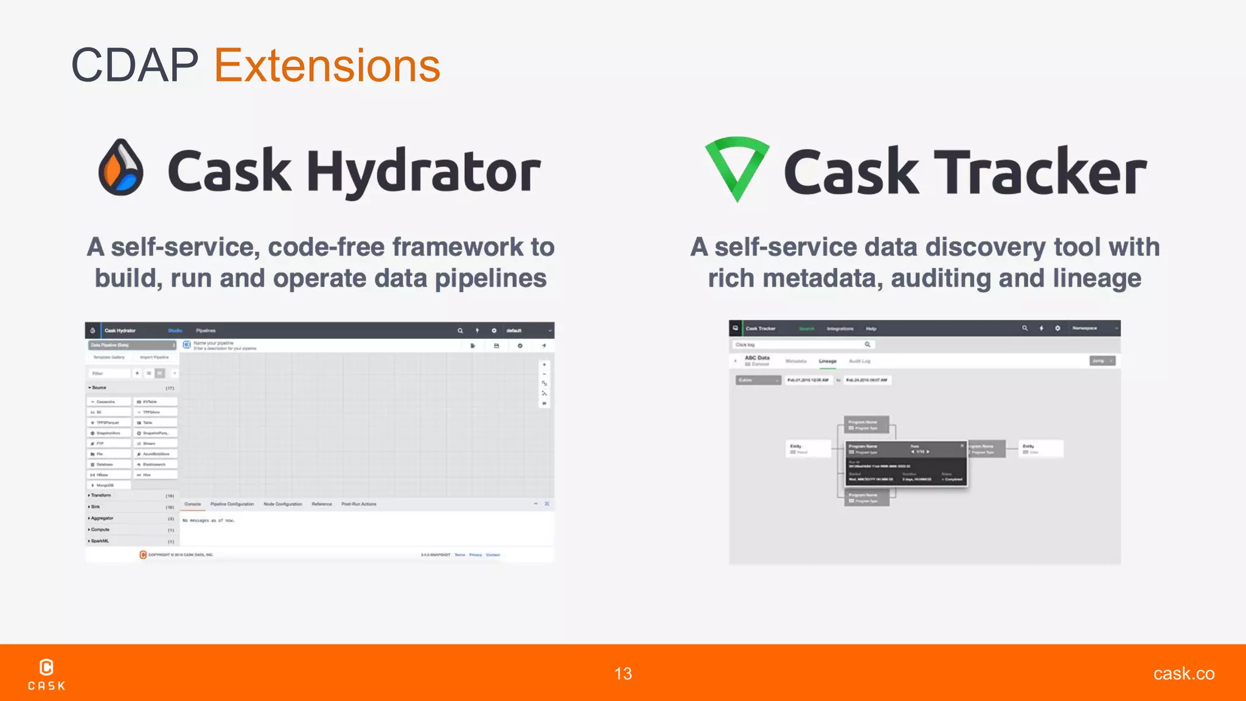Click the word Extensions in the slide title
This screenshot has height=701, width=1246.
pyautogui.click(x=327, y=66)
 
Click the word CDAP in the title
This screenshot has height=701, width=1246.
pyautogui.click(x=134, y=66)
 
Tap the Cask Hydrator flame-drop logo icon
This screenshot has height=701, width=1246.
pyautogui.click(x=121, y=167)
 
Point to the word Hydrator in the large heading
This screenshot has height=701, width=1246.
pyautogui.click(x=423, y=172)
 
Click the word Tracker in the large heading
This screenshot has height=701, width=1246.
pyautogui.click(x=1040, y=172)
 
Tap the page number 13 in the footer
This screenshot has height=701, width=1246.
pyautogui.click(x=623, y=674)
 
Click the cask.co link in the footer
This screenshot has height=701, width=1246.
pyautogui.click(x=1183, y=674)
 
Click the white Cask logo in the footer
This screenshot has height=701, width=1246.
pyautogui.click(x=47, y=674)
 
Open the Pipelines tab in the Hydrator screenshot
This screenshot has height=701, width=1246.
pyautogui.click(x=206, y=330)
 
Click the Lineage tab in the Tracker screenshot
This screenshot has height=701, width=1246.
pyautogui.click(x=827, y=361)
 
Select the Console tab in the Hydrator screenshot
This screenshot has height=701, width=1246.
pyautogui.click(x=192, y=504)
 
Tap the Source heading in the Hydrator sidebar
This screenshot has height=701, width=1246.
pyautogui.click(x=99, y=388)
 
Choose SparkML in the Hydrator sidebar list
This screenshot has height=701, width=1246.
pyautogui.click(x=100, y=541)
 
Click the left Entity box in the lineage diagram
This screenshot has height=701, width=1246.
pyautogui.click(x=808, y=448)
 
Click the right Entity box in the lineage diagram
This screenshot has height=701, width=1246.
pyautogui.click(x=1042, y=448)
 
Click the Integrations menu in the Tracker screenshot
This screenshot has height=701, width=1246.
pyautogui.click(x=840, y=329)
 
